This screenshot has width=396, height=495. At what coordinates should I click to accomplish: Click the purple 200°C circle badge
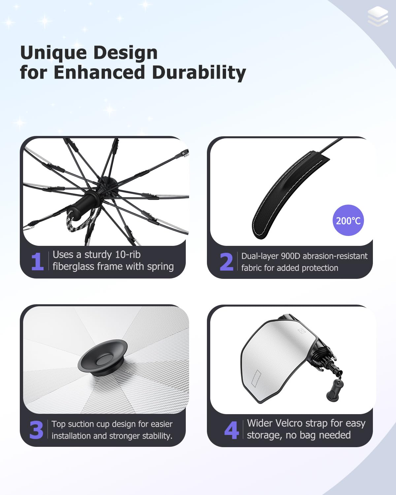pyautogui.click(x=348, y=220)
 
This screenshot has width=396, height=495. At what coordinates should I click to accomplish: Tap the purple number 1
pyautogui.click(x=38, y=261)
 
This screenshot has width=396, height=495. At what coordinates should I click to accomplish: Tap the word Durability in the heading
pyautogui.click(x=199, y=73)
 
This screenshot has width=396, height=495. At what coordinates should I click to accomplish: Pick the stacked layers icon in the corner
pyautogui.click(x=378, y=16)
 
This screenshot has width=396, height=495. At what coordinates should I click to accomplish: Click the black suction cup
pyautogui.click(x=102, y=358)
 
